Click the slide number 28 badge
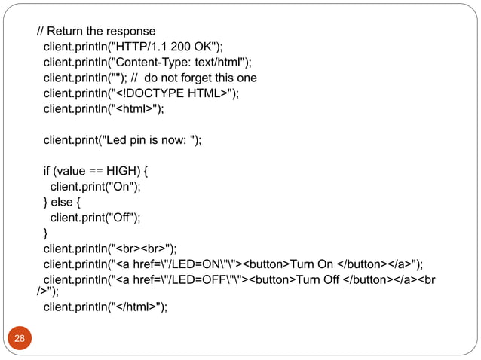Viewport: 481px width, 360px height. [x=20, y=338]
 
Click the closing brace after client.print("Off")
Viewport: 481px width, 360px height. [x=45, y=233]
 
